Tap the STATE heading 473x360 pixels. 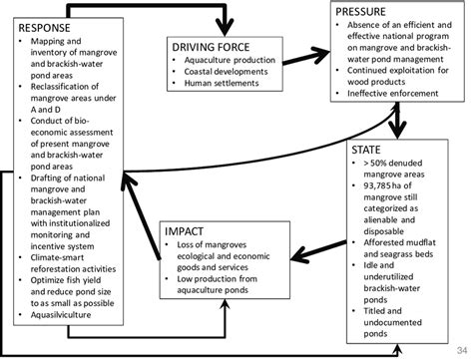pos(366,152)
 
